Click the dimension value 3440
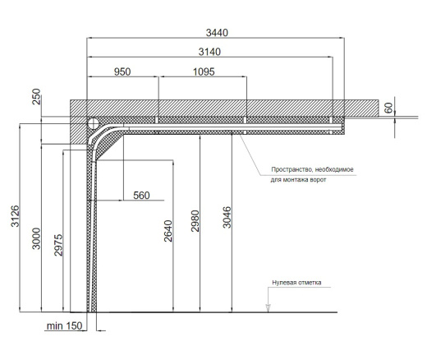tap(217, 33)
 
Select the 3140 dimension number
tap(209, 52)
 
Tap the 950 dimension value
tap(122, 72)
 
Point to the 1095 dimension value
tap(204, 72)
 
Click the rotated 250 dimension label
tap(36, 96)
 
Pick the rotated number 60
tap(388, 108)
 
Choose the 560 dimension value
tap(141, 196)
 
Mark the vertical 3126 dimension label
tap(16, 216)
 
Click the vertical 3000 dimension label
tap(36, 238)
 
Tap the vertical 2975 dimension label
tap(58, 245)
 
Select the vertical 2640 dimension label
tap(168, 231)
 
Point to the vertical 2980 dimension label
tap(195, 221)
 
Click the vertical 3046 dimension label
tap(227, 217)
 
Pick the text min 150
tap(64, 326)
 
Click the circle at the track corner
tap(94, 123)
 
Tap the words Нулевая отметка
tap(296, 283)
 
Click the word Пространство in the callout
tap(292, 169)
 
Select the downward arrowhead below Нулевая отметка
tap(269, 307)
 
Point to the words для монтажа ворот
tap(298, 180)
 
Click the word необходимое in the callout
tap(334, 169)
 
